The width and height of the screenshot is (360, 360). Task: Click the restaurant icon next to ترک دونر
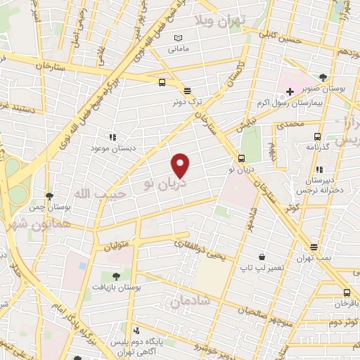187,91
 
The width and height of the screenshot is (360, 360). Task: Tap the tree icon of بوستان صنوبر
323,77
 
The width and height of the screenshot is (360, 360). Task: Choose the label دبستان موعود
112,149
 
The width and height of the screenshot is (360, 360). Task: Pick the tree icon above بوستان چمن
49,195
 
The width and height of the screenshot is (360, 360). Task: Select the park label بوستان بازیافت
116,288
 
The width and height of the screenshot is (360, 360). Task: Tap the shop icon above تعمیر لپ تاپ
262,257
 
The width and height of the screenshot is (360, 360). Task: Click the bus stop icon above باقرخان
347,292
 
